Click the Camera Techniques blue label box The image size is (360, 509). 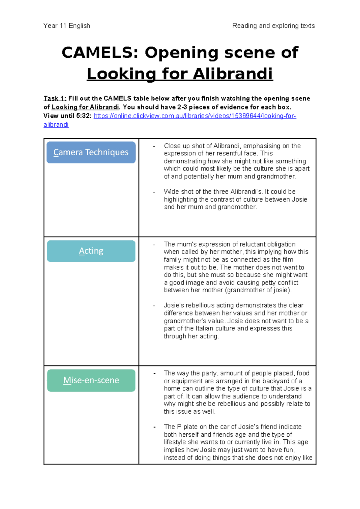click(x=91, y=152)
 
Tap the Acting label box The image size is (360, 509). click(x=91, y=251)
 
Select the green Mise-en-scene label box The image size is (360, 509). click(x=91, y=380)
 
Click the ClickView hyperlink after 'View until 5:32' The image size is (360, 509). click(x=195, y=116)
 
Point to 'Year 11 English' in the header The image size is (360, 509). click(x=67, y=26)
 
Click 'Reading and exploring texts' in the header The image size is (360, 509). click(x=273, y=26)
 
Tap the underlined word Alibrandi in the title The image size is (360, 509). click(x=232, y=74)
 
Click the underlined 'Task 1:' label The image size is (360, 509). click(x=55, y=98)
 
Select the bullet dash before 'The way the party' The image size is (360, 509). click(x=154, y=374)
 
